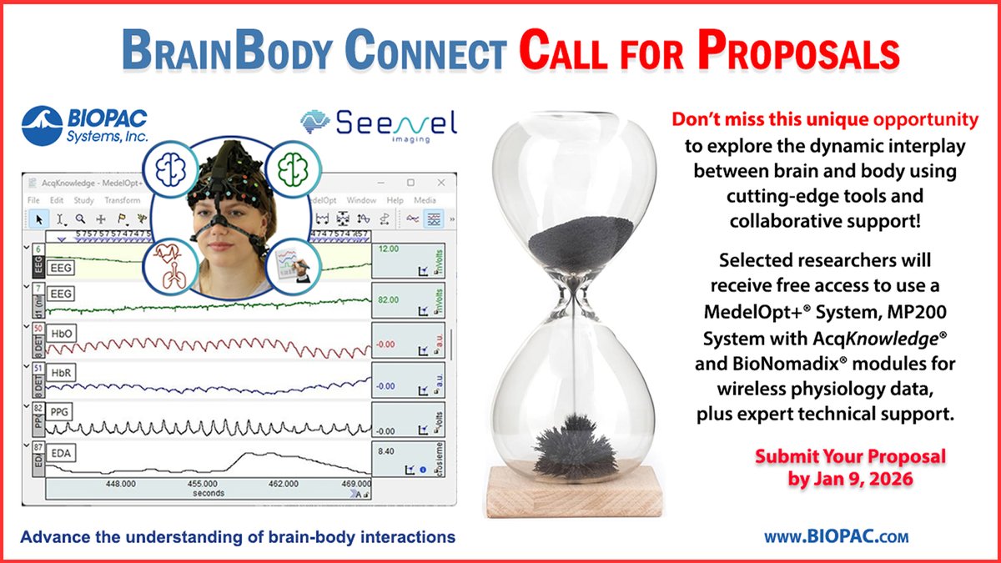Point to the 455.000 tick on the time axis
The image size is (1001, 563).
[x=203, y=483]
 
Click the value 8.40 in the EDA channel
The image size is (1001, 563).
[x=386, y=451]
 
